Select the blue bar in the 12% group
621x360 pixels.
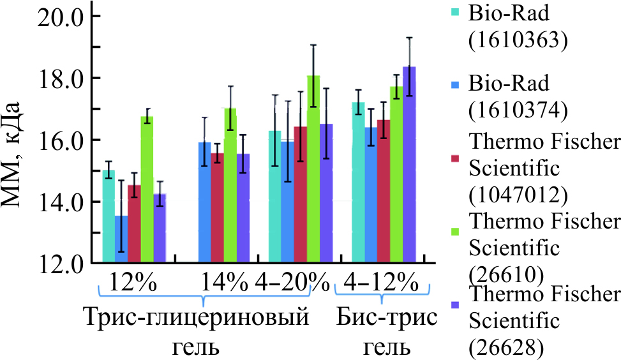pyautogui.click(x=121, y=239)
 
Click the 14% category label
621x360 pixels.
pyautogui.click(x=225, y=281)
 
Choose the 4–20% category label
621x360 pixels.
pyautogui.click(x=292, y=281)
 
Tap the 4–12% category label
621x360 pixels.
pyautogui.click(x=380, y=281)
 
